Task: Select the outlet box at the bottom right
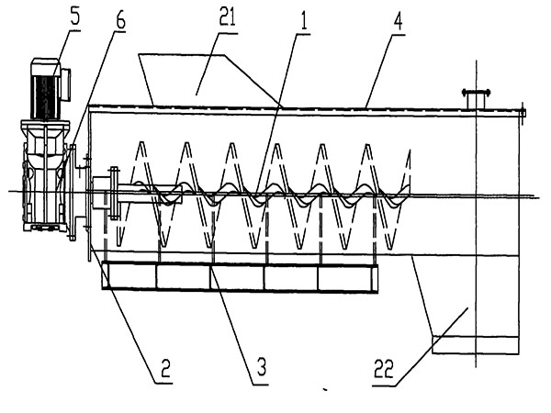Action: pos(476,345)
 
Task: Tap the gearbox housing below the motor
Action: pos(43,184)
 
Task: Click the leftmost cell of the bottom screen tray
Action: pos(129,276)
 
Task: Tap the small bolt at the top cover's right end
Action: pos(523,114)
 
